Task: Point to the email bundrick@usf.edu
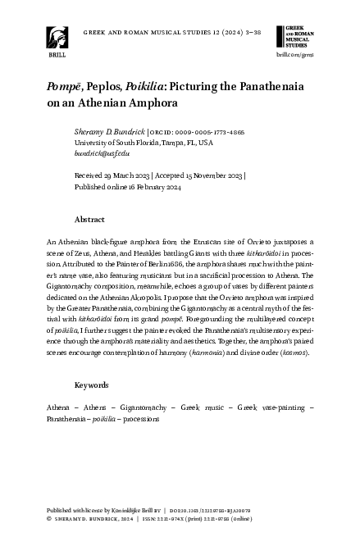coord(102,152)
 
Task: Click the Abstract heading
coord(89,220)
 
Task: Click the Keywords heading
coord(92,384)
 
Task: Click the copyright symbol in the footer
coord(49,518)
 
